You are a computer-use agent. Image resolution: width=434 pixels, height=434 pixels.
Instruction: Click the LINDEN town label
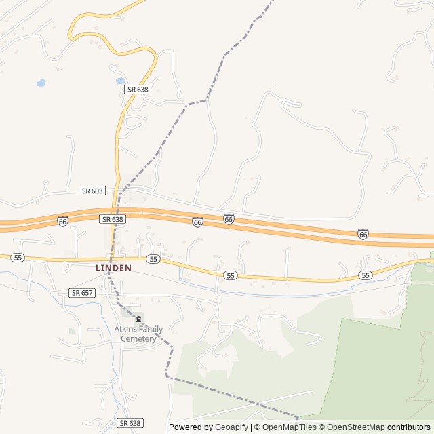coord(113,268)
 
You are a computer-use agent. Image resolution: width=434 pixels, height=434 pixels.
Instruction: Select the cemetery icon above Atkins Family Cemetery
coord(138,319)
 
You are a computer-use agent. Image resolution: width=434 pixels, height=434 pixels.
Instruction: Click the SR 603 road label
coord(92,191)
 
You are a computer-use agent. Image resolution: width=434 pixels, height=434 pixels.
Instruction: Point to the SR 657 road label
coord(82,292)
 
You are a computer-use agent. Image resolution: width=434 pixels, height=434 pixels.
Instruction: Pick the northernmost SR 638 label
coord(136,89)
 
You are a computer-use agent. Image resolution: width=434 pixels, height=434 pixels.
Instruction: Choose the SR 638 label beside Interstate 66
coord(113,219)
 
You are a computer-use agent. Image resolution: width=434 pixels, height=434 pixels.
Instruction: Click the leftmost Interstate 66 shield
coord(62,222)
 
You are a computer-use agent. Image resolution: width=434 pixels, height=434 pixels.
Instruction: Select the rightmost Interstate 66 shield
coord(363,234)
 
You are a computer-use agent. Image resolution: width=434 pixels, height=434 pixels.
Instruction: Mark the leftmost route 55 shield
coord(18,258)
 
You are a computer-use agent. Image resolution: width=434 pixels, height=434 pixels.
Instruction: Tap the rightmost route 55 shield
coord(366,275)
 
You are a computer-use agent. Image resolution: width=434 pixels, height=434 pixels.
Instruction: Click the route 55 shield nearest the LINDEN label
coord(153,259)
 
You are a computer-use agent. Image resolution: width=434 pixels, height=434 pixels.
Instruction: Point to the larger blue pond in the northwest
coord(41,83)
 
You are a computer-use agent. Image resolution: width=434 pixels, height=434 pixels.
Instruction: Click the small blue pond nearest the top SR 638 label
coord(119,81)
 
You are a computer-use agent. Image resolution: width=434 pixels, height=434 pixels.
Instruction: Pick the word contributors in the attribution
coord(409,427)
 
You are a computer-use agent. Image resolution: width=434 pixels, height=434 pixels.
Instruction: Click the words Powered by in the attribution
coord(189,427)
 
